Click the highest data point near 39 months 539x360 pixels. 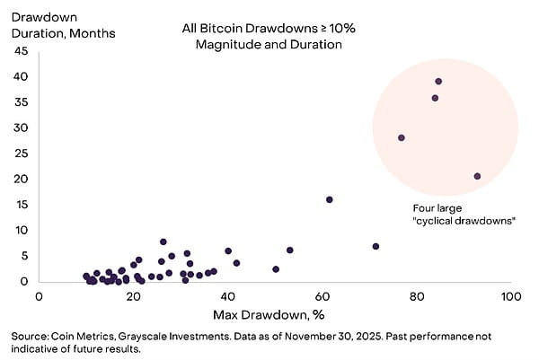pyautogui.click(x=438, y=82)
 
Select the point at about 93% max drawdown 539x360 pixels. pyautogui.click(x=477, y=176)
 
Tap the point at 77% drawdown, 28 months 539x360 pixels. pyautogui.click(x=402, y=137)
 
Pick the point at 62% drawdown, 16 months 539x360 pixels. pyautogui.click(x=330, y=199)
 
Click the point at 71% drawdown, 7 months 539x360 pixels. pyautogui.click(x=376, y=246)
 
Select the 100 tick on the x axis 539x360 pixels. pyautogui.click(x=511, y=296)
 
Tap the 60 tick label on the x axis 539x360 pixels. pyautogui.click(x=323, y=296)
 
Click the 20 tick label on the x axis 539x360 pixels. pyautogui.click(x=134, y=296)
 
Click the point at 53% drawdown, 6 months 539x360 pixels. pyautogui.click(x=289, y=250)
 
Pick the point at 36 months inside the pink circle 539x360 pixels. pyautogui.click(x=435, y=98)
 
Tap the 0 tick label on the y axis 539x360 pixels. pyautogui.click(x=25, y=281)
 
